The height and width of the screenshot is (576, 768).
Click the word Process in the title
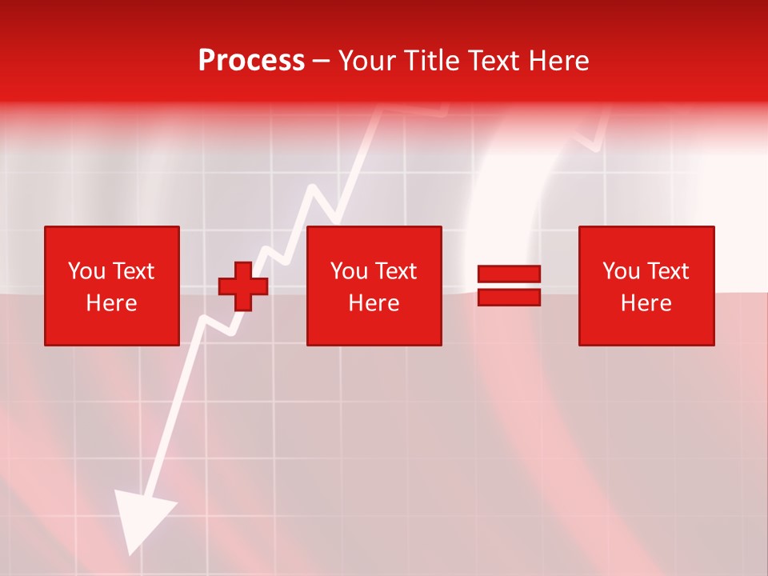click(x=251, y=61)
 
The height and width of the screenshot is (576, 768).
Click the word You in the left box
click(x=85, y=271)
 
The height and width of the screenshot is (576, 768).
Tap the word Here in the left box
click(x=111, y=303)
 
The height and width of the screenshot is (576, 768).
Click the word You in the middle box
click(x=348, y=271)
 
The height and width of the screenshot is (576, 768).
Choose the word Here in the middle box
click(x=374, y=303)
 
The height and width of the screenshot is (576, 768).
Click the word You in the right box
click(x=620, y=271)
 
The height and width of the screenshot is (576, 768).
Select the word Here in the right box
click(x=646, y=303)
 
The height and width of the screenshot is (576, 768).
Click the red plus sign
click(x=243, y=286)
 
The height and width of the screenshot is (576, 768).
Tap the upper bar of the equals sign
click(x=509, y=274)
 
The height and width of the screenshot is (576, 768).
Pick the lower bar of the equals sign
click(x=509, y=298)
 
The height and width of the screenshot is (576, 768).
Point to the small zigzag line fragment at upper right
click(x=592, y=136)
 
